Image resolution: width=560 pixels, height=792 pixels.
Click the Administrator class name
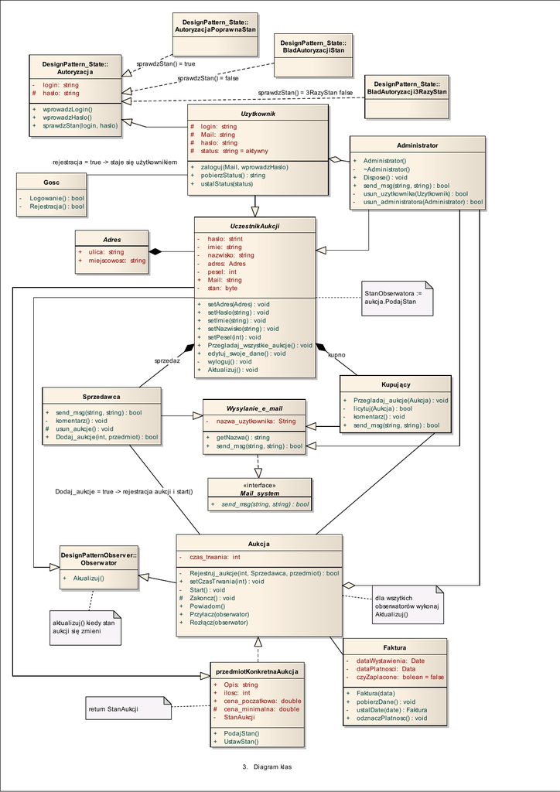(417, 145)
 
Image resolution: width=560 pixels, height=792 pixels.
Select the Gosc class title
(51, 183)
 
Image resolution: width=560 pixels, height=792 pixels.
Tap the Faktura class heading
(394, 647)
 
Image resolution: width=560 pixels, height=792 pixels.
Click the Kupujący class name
(395, 384)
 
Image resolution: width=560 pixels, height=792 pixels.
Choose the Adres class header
(111, 240)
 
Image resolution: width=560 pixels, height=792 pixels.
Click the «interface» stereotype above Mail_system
(259, 485)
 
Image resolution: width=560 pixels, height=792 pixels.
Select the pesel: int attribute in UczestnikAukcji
(222, 272)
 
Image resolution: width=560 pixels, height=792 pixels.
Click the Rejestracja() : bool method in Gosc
(56, 207)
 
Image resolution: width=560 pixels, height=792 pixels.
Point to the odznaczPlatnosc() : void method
(391, 718)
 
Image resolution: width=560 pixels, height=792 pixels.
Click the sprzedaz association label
(167, 360)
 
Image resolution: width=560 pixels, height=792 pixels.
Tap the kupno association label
(336, 355)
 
